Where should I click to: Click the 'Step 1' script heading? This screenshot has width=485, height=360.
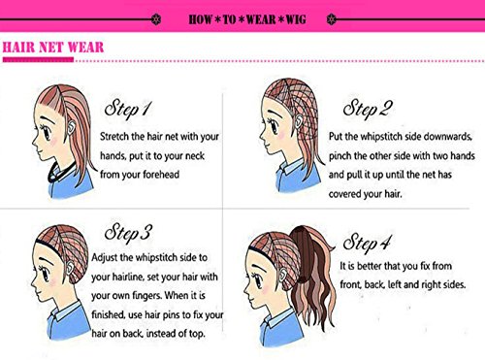pyautogui.click(x=128, y=108)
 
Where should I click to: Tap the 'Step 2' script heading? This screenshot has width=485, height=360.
pyautogui.click(x=368, y=108)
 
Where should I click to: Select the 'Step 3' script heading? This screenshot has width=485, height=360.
pyautogui.click(x=128, y=233)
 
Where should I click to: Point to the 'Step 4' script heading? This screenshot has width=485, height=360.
pyautogui.click(x=367, y=244)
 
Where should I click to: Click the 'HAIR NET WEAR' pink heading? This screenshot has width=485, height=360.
pyautogui.click(x=53, y=48)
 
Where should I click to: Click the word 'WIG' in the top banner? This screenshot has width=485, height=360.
pyautogui.click(x=296, y=19)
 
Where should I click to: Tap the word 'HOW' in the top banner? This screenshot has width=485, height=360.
pyautogui.click(x=201, y=19)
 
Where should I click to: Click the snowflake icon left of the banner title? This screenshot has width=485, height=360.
pyautogui.click(x=156, y=19)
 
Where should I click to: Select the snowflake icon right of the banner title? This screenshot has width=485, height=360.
pyautogui.click(x=332, y=19)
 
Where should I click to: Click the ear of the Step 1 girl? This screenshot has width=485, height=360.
pyautogui.click(x=72, y=127)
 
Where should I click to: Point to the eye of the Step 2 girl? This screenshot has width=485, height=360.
pyautogui.click(x=275, y=125)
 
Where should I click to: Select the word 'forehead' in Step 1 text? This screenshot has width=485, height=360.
pyautogui.click(x=161, y=175)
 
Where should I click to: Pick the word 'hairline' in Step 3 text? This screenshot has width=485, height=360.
pyautogui.click(x=128, y=277)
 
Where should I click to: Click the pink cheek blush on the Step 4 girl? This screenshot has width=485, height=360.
pyautogui.click(x=266, y=289)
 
